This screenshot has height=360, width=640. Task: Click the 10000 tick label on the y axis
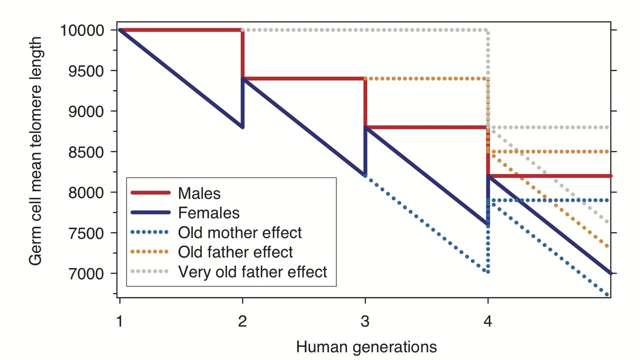[82, 30]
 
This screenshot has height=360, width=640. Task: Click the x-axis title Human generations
[366, 346]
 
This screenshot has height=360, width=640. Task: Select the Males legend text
[199, 193]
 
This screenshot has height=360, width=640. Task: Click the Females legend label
[208, 212]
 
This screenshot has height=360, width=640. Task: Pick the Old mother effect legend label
[239, 232]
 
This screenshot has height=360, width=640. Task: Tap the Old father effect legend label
[235, 252]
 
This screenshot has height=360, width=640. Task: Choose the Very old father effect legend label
[252, 271]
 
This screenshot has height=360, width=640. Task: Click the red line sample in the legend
[150, 193]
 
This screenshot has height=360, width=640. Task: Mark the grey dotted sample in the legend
[150, 271]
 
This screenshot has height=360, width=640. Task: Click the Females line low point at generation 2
[242, 127]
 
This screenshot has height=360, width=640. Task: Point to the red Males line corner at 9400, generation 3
[365, 79]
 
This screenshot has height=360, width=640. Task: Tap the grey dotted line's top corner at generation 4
[487, 30]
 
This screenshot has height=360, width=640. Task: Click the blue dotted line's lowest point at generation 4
[487, 272]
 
